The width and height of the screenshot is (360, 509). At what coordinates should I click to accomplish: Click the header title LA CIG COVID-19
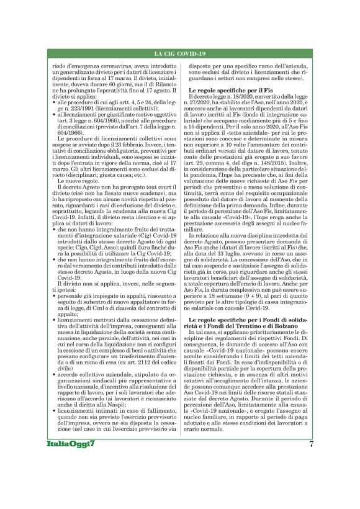pyautogui.click(x=180, y=54)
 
